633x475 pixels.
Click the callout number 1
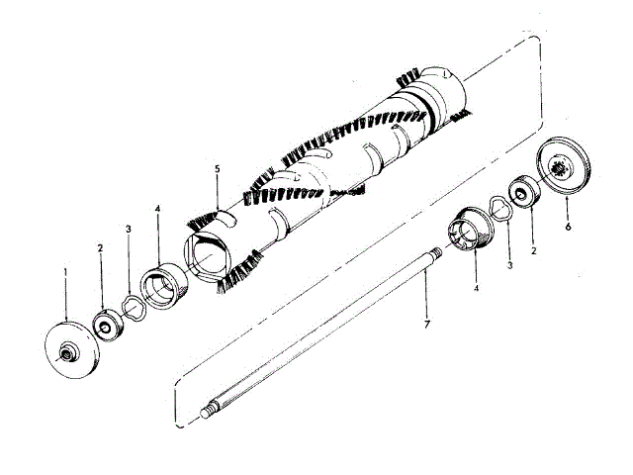coord(65,271)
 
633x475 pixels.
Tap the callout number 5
coord(216,169)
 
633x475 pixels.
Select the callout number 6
coord(567,226)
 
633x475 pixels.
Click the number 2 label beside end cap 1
coord(101,247)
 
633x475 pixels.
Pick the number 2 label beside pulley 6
coord(533,252)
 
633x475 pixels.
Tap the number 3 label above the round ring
coord(129,230)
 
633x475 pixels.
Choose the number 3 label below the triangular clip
coord(508,266)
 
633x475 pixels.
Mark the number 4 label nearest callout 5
coord(157,210)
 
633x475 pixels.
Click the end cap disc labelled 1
coord(70,351)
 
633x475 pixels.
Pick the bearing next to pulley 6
coord(523,190)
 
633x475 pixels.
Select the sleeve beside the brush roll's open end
coord(161,288)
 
